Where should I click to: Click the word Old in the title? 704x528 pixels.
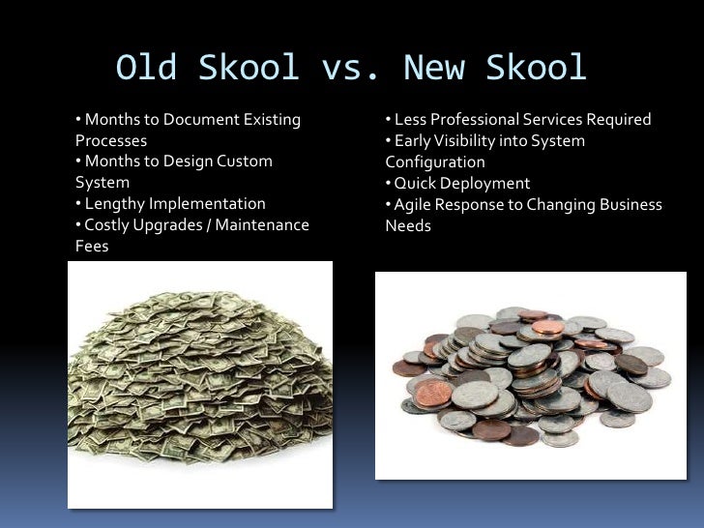148,68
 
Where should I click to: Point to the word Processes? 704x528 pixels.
111,140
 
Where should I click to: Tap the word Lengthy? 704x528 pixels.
114,204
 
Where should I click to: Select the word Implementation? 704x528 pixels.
205,204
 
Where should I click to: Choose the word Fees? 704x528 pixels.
92,246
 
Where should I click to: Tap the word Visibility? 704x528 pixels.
473,141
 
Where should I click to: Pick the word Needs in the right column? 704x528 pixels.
408,226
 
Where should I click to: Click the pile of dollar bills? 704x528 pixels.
201,386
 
